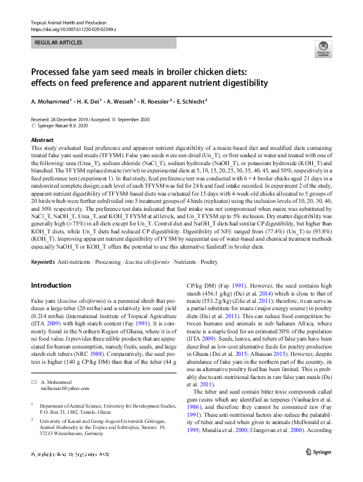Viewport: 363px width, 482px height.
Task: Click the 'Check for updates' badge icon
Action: click(x=322, y=49)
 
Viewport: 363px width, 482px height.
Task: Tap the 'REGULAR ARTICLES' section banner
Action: click(x=59, y=43)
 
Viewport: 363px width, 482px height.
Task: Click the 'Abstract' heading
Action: click(x=42, y=140)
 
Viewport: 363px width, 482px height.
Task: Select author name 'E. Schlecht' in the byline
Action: click(x=189, y=102)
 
